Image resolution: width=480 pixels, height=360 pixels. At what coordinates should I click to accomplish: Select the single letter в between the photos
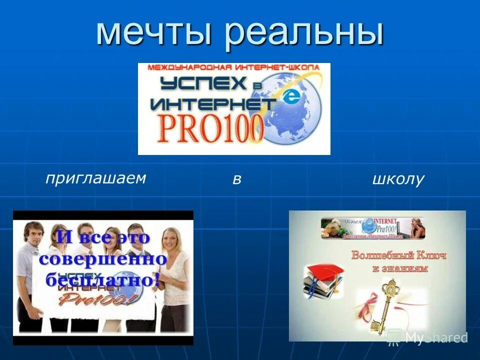point(236,180)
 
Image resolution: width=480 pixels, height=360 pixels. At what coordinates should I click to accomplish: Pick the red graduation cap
point(323,273)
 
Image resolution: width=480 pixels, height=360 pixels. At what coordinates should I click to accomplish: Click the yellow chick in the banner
point(332,227)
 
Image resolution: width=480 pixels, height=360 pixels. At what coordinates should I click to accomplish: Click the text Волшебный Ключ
point(398,255)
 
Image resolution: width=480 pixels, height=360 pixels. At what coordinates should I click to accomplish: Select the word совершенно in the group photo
point(102,259)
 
